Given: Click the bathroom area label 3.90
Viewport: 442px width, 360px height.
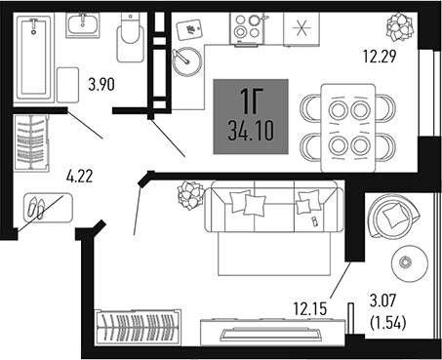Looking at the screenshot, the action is [x=101, y=85].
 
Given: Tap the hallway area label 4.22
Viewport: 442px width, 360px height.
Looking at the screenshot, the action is [x=80, y=177].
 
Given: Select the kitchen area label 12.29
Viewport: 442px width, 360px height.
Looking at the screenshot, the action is [x=380, y=57].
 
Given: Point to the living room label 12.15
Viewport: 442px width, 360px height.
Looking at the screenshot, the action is [x=310, y=308].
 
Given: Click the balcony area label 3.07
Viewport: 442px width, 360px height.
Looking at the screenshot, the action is [x=383, y=300].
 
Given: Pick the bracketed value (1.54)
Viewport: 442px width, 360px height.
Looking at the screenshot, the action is [x=388, y=323].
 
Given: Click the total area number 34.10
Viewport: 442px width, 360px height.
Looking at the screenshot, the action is [x=251, y=132].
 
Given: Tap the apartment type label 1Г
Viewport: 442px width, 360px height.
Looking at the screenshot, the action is [x=251, y=101].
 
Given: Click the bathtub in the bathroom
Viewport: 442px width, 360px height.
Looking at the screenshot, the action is [x=33, y=58].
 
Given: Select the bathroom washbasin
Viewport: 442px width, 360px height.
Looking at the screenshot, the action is [x=83, y=25].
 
